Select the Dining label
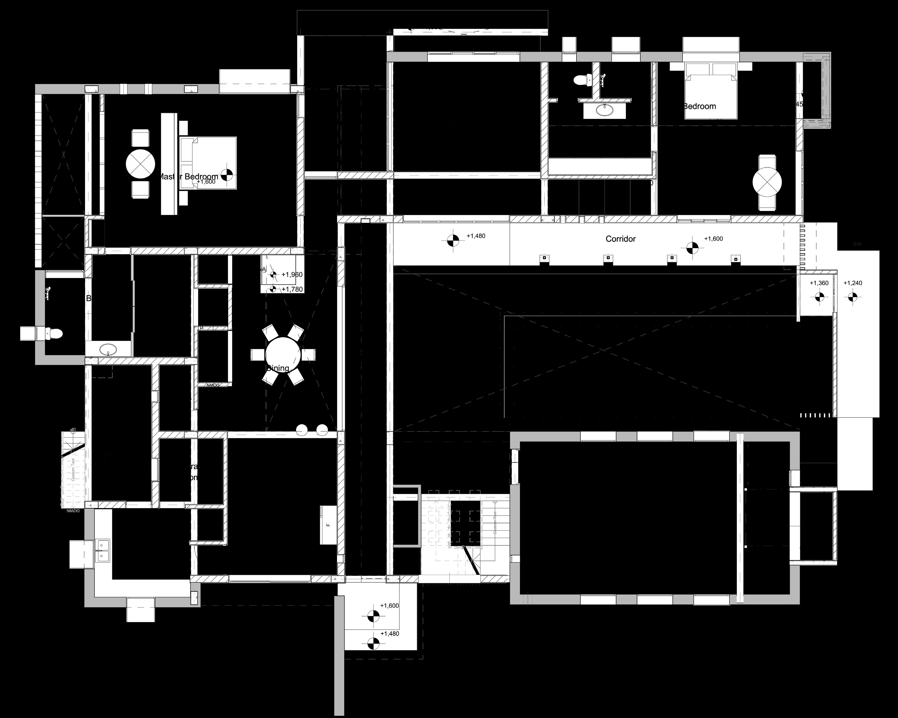click(278, 368)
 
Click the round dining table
click(283, 355)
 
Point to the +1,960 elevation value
click(292, 275)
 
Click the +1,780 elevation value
click(292, 289)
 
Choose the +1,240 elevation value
click(853, 283)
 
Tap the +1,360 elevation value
click(819, 283)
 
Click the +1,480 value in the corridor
click(476, 236)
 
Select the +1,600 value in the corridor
click(713, 239)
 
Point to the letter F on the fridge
click(328, 525)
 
